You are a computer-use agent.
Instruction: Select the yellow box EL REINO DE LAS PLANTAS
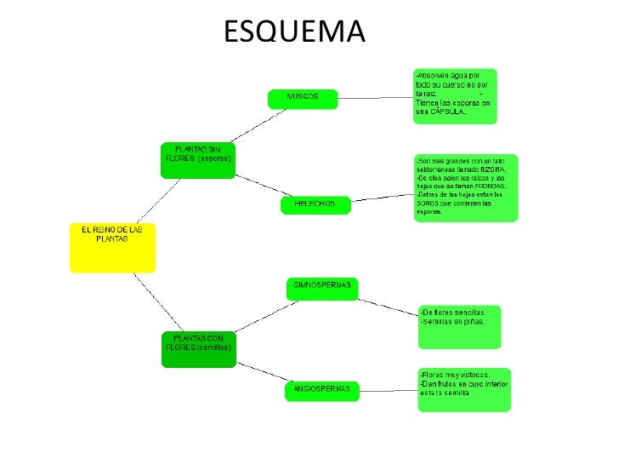tap(112, 247)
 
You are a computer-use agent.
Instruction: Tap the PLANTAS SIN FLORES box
tap(197, 158)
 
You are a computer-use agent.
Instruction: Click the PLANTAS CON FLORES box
tap(197, 349)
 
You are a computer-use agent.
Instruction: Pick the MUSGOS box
tap(303, 98)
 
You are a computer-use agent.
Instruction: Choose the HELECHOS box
tap(315, 204)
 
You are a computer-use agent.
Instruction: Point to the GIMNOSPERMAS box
tap(322, 288)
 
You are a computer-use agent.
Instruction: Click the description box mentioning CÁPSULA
tap(455, 96)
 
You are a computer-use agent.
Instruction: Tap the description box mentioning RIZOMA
tap(466, 188)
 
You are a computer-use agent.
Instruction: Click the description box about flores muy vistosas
tap(464, 389)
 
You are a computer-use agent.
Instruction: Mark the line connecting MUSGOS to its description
tap(375, 97)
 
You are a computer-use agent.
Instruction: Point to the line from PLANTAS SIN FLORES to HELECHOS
tap(257, 185)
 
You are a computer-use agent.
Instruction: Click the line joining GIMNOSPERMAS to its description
tap(388, 305)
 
